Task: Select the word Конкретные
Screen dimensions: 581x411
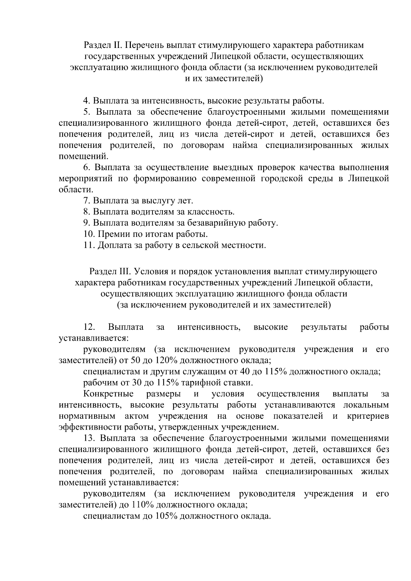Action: pos(109,394)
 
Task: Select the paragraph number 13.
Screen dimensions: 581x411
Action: pos(89,438)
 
